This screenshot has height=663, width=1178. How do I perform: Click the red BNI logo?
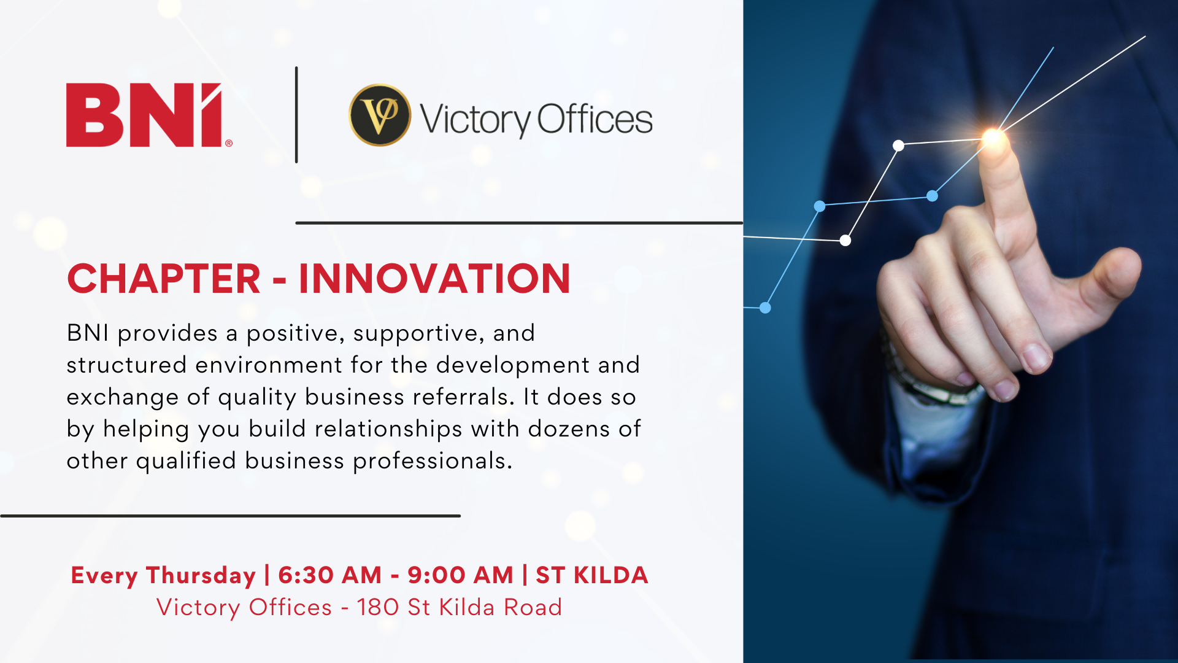(149, 115)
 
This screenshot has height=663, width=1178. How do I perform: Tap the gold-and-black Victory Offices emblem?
(380, 115)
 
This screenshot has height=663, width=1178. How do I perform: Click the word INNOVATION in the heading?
(435, 279)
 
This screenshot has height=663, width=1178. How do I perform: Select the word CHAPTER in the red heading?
(164, 279)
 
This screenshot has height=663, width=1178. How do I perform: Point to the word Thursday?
(201, 576)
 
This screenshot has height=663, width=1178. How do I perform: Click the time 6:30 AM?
(330, 575)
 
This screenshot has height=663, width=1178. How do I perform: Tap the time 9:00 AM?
(460, 575)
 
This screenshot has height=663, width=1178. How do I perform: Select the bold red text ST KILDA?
(592, 575)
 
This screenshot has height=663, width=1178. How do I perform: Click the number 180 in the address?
(377, 607)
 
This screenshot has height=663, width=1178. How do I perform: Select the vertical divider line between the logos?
(296, 115)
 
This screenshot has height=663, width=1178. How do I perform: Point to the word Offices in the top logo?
(595, 119)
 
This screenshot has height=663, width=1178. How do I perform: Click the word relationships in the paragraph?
(388, 430)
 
